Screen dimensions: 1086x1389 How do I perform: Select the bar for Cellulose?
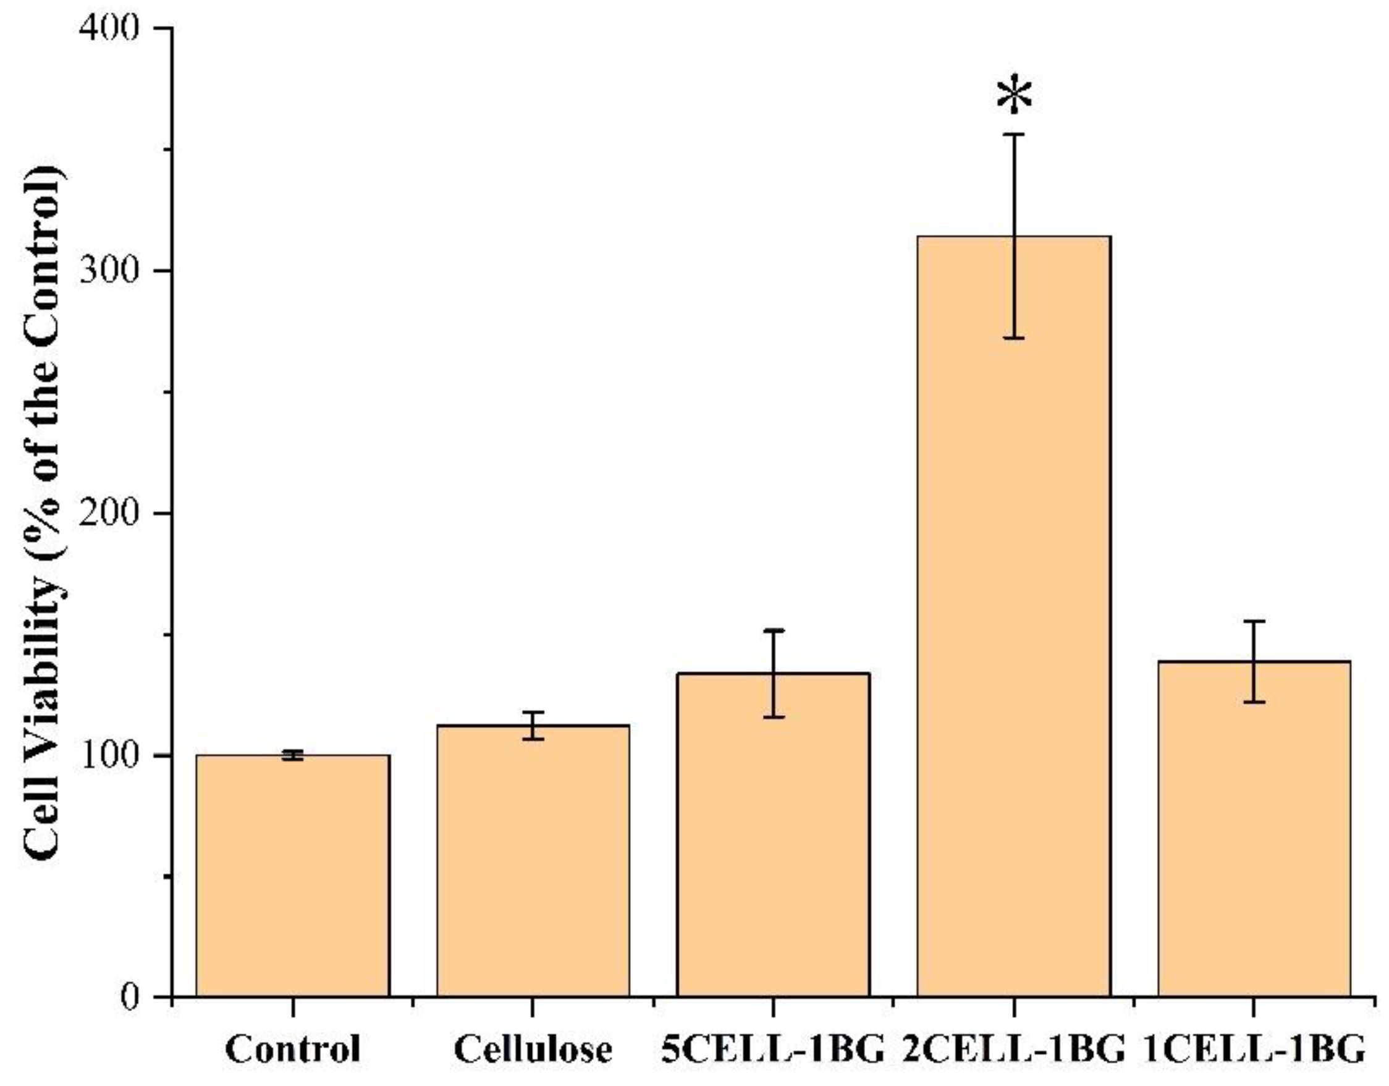[533, 865]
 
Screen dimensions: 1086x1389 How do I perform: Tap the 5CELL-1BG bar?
[774, 840]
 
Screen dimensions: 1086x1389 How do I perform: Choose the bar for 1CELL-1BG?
[1254, 833]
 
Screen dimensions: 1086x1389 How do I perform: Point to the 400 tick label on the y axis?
[109, 28]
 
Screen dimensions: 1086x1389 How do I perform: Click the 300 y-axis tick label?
[109, 271]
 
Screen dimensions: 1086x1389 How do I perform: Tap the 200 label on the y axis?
[109, 514]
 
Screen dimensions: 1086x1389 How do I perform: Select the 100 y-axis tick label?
[109, 756]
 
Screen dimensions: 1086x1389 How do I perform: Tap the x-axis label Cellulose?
[533, 1049]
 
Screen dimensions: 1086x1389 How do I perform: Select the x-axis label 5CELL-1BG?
[774, 1049]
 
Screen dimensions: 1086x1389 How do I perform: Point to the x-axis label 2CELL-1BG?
[1014, 1049]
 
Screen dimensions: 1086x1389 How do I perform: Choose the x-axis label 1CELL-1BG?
[1254, 1049]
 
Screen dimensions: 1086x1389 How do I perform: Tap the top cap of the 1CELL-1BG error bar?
[1254, 621]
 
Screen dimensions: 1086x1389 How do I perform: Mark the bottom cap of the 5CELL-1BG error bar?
[774, 717]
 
